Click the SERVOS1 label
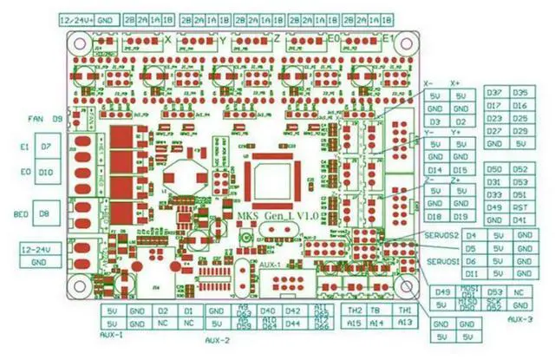[442, 261]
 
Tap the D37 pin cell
[496, 93]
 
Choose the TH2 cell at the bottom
[355, 310]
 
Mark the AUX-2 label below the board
[218, 341]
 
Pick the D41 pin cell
[520, 220]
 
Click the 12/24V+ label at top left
[76, 18]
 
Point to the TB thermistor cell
[379, 310]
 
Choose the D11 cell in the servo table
[472, 273]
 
